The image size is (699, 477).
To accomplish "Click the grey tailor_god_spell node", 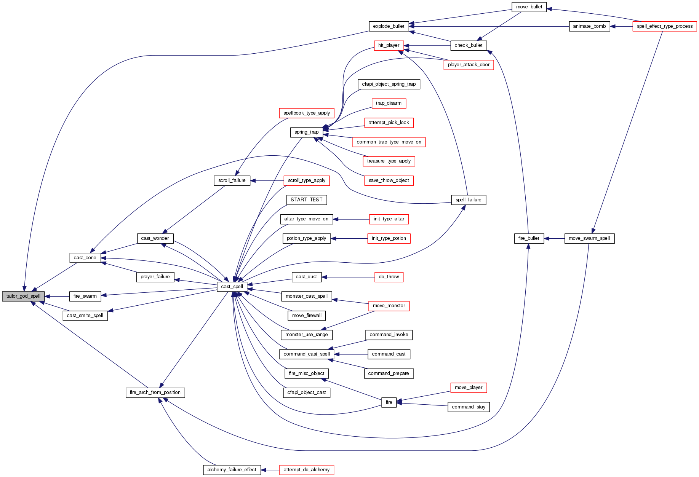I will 23,296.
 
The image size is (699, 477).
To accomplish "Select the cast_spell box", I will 232,287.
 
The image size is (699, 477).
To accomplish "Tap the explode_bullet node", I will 389,26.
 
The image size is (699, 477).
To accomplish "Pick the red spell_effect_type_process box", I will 664,26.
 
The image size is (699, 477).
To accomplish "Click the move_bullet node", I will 529,7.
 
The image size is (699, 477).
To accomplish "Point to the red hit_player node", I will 389,45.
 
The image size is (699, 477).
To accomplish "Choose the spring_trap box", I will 306,132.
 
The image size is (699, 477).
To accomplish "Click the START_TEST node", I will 306,200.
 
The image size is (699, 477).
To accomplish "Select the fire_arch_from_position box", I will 155,392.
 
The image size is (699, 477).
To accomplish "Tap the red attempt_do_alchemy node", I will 306,470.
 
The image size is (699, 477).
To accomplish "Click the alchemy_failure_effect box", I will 232,470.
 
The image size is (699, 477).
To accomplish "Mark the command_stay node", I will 468,407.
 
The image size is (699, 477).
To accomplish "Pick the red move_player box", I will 468,388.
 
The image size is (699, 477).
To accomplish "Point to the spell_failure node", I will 468,200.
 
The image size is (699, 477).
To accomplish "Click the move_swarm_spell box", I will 589,238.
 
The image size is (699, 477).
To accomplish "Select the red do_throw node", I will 389,277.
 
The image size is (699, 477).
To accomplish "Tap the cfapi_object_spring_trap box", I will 389,84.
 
